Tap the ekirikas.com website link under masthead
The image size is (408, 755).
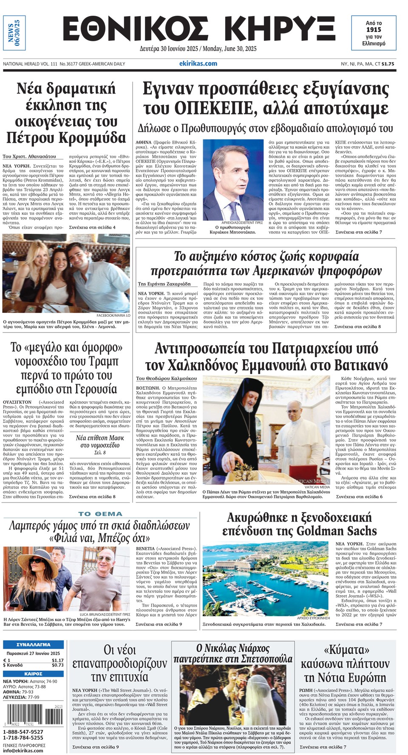[198, 64]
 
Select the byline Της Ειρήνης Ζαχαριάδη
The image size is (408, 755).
[164, 284]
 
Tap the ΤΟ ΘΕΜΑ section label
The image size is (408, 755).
[100, 514]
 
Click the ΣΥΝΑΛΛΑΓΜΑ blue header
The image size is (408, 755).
[33, 644]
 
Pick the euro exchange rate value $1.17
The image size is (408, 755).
[57, 660]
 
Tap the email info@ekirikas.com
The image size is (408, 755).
[23, 750]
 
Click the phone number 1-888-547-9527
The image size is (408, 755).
[23, 732]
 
